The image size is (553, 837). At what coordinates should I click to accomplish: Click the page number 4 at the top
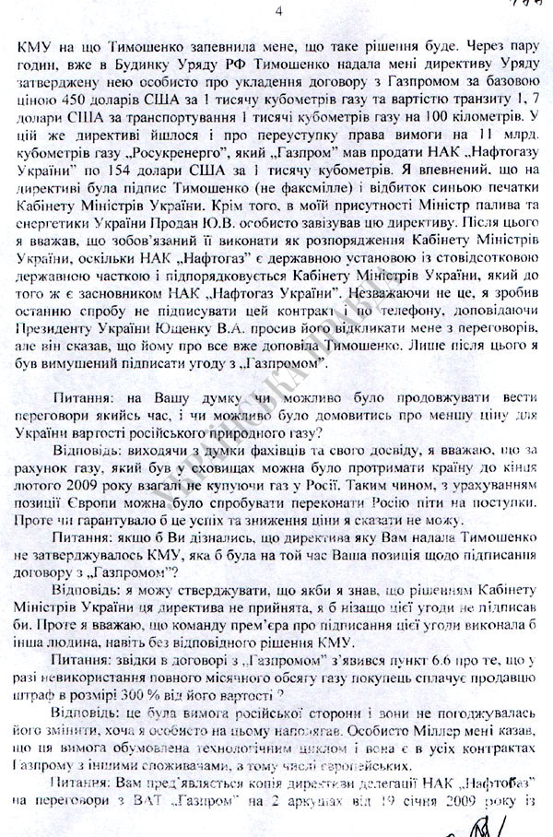[x=279, y=11]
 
